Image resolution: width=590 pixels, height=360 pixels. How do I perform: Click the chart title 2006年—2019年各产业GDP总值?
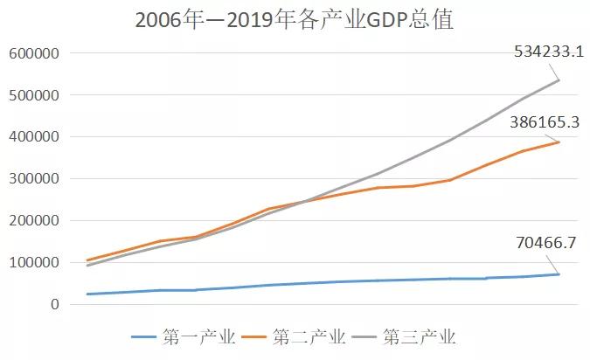click(295, 19)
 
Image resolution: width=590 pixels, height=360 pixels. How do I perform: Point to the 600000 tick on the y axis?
click(33, 53)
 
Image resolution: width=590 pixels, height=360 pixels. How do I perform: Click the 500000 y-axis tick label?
click(33, 95)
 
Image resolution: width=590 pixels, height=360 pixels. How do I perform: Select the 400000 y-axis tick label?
click(33, 137)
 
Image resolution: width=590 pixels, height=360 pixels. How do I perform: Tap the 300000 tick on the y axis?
click(33, 179)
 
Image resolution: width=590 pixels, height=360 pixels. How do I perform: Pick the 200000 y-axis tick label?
click(33, 221)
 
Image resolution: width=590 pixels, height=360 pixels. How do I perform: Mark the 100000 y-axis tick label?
click(33, 263)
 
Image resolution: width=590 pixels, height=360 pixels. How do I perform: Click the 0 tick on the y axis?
click(53, 305)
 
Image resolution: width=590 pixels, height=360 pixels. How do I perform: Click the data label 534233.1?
click(548, 52)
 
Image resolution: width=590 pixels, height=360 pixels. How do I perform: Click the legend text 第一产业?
click(199, 336)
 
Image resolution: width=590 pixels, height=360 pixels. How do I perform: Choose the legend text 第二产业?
click(309, 336)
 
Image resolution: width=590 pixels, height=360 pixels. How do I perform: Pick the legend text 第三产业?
click(420, 336)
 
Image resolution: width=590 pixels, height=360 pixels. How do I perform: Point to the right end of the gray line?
click(559, 80)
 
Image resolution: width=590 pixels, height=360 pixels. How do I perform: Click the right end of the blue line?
click(559, 274)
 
